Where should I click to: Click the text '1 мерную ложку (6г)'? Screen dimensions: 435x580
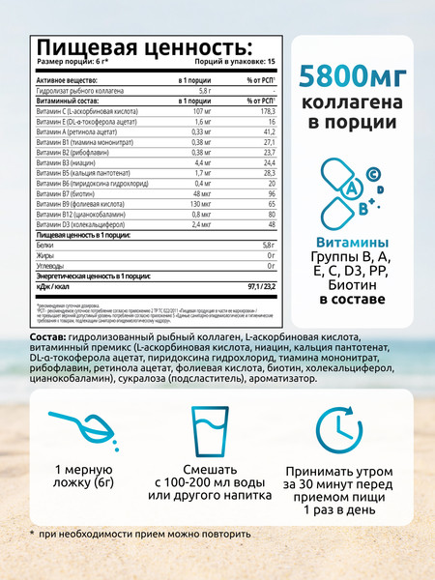76,480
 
